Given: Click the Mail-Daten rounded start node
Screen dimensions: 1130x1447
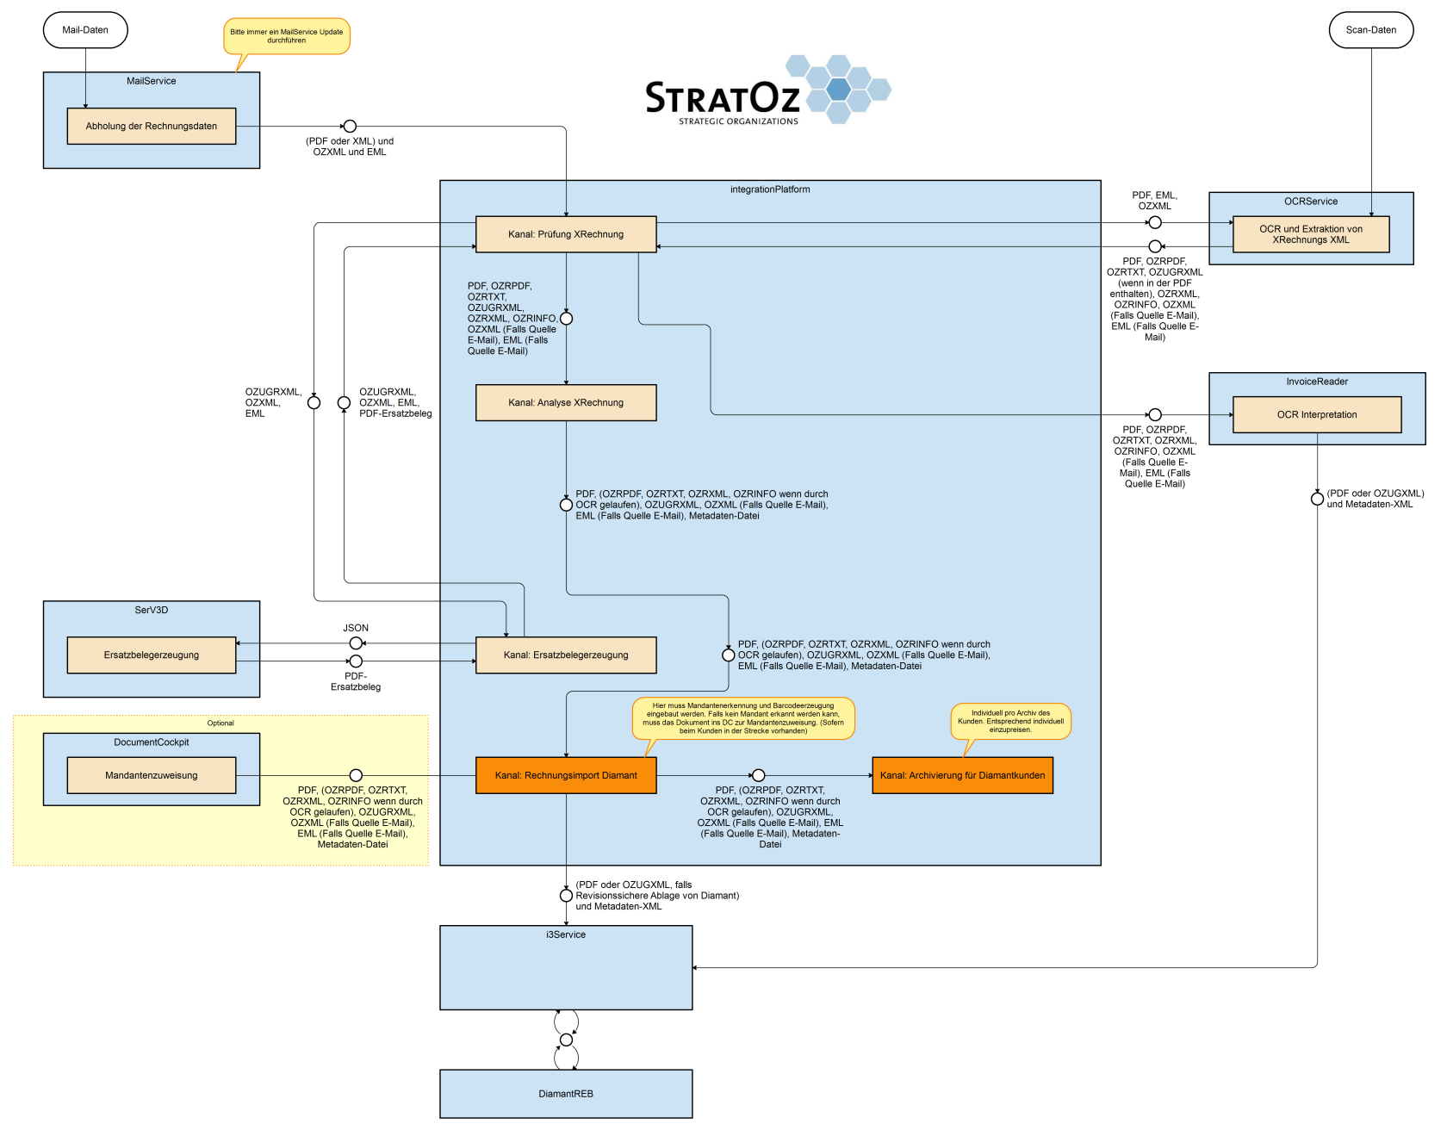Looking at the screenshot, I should [85, 30].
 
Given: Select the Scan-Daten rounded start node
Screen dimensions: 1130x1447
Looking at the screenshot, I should [1371, 30].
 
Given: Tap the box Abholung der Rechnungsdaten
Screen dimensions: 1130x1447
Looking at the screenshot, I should [152, 126].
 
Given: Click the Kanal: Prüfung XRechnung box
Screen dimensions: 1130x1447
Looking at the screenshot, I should [566, 234].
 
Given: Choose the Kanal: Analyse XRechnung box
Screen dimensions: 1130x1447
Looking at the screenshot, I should [566, 402].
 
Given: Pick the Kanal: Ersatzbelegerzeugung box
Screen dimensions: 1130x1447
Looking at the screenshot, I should [566, 655].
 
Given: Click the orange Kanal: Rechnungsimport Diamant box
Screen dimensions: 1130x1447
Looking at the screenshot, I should [566, 775].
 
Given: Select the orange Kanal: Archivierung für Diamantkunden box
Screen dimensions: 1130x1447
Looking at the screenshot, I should [962, 775].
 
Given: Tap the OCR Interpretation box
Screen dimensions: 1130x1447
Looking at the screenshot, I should [1317, 414].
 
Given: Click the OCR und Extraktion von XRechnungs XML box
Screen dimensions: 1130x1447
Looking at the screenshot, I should [1311, 234].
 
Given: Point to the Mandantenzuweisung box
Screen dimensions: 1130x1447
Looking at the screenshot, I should [152, 775].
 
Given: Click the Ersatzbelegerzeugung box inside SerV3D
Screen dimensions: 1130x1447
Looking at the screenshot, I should [152, 655].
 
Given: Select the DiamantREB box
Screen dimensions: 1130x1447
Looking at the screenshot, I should [566, 1094].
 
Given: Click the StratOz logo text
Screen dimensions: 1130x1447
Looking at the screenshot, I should [723, 98].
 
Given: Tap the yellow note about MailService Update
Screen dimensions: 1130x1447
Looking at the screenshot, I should [287, 36].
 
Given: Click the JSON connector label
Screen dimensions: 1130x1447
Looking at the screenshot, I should [356, 628].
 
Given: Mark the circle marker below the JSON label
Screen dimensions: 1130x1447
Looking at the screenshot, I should [356, 643].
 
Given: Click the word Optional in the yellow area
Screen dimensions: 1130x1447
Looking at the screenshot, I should [220, 723].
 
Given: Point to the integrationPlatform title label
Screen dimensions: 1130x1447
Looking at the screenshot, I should [770, 189].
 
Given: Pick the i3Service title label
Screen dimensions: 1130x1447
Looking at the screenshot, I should [566, 934].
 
